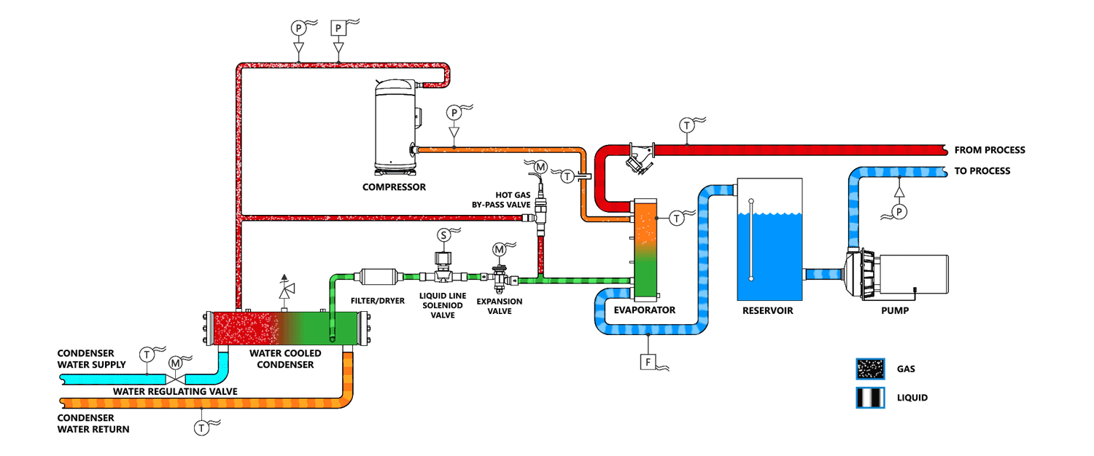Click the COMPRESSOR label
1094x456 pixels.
coord(394,186)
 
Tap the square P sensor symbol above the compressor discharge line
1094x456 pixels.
coord(338,28)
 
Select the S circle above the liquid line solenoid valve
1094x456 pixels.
coord(443,235)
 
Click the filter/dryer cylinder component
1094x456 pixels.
coord(379,277)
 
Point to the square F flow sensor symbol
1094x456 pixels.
coord(648,362)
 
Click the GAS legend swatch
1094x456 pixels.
coord(870,369)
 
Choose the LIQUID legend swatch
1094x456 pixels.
coord(870,398)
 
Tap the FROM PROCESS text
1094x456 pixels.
coord(990,150)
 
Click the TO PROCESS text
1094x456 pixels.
coord(982,171)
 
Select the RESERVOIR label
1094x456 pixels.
coord(768,310)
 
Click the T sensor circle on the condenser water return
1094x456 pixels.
coord(201,428)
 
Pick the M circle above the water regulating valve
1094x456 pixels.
coord(175,363)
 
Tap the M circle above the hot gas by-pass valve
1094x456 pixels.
coord(540,168)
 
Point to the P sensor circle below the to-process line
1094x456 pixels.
coord(899,212)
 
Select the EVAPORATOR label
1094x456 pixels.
coord(644,310)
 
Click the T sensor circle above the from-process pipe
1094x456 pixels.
coord(687,126)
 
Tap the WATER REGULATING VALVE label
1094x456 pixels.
coord(175,392)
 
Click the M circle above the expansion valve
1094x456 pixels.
coord(499,250)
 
